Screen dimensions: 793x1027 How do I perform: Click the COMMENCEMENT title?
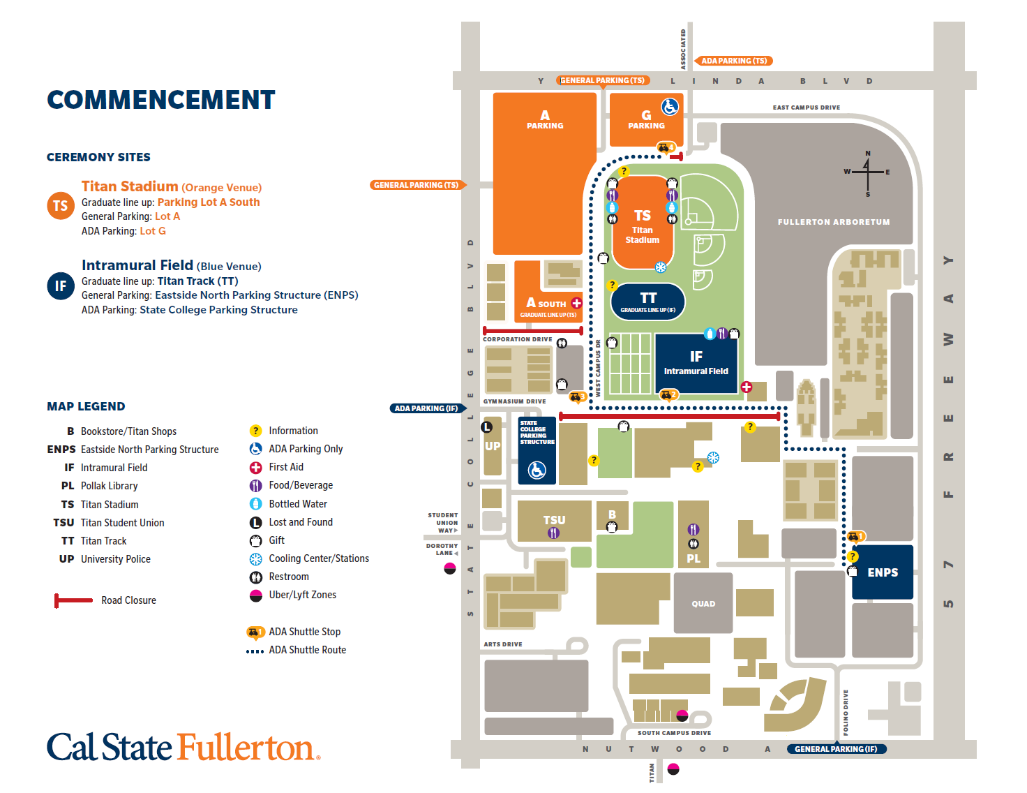tap(161, 100)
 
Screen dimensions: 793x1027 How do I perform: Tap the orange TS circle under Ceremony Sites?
tap(61, 206)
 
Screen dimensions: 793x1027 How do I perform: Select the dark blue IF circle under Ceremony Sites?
tap(61, 286)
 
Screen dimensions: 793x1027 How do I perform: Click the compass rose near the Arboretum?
tap(867, 172)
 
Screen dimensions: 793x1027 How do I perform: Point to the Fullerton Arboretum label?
tap(834, 222)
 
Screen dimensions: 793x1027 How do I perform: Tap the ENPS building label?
tap(883, 572)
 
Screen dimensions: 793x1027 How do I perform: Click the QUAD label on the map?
tap(703, 604)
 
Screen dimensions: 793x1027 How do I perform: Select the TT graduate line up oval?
tap(648, 302)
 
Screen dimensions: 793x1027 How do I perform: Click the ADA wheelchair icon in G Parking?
tap(670, 107)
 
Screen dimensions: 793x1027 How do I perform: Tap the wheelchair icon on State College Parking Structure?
tap(537, 470)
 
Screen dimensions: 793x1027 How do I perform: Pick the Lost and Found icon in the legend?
tap(256, 522)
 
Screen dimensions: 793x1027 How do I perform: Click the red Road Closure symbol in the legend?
tap(73, 600)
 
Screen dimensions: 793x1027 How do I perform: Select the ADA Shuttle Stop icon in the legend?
tap(255, 632)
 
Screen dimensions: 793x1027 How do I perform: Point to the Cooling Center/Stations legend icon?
tap(256, 558)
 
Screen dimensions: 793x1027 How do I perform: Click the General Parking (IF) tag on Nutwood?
tap(836, 749)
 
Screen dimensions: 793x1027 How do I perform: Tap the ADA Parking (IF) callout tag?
tap(426, 408)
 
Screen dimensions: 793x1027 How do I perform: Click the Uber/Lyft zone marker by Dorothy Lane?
tap(450, 568)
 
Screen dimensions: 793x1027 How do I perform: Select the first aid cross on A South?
tap(576, 303)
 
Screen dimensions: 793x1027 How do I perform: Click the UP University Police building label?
tap(493, 446)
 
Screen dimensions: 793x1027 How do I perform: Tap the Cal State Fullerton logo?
tap(183, 747)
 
